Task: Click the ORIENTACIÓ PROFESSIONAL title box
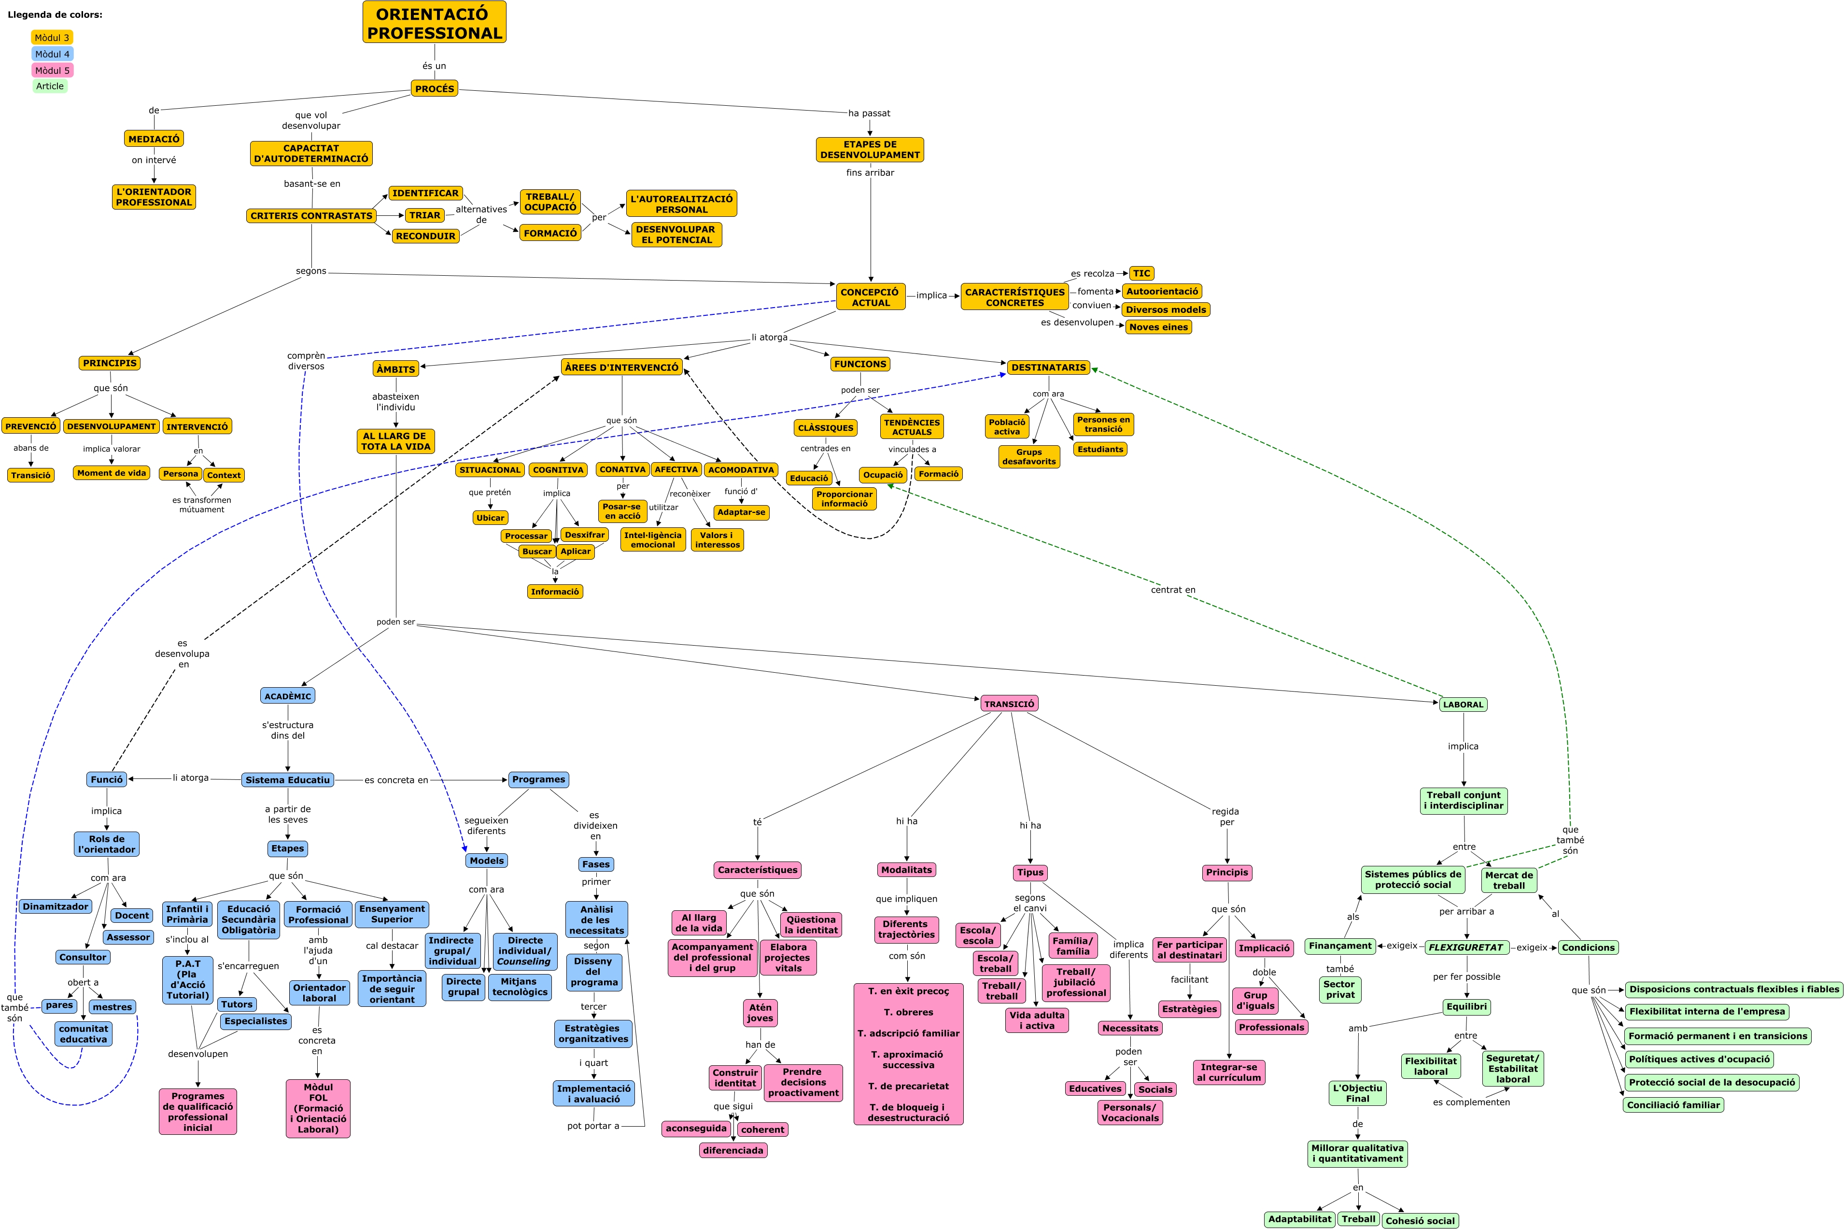point(434,23)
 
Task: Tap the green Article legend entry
point(50,86)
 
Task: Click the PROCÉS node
point(434,88)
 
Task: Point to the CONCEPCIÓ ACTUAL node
point(870,297)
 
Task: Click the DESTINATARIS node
point(1049,367)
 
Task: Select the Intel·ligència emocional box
point(653,540)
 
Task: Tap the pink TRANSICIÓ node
point(1009,704)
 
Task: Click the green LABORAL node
point(1463,705)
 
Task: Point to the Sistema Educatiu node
point(288,780)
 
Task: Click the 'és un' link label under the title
point(434,66)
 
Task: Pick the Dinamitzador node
point(56,907)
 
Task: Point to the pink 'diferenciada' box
point(733,1151)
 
